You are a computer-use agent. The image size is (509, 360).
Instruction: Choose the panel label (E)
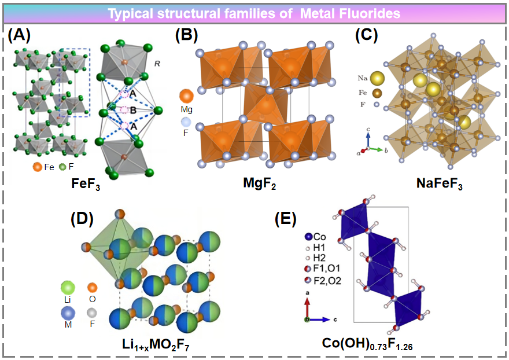287,218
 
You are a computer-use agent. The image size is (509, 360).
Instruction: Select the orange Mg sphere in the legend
187,96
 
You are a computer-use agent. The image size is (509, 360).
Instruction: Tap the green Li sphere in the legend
68,288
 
